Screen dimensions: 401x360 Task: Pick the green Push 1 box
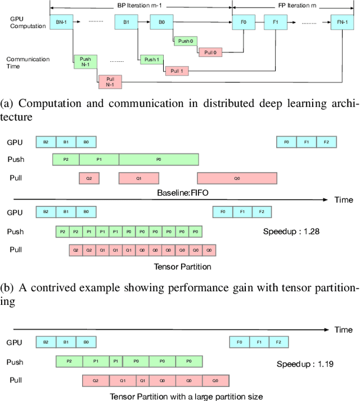[x=151, y=60]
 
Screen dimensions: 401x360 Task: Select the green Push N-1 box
[x=85, y=61]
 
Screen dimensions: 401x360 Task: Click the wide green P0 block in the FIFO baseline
[x=159, y=160]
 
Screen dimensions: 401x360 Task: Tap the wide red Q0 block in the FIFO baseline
[x=237, y=178]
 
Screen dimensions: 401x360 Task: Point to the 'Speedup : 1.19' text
[x=305, y=364]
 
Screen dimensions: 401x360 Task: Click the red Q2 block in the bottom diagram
[x=96, y=381]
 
